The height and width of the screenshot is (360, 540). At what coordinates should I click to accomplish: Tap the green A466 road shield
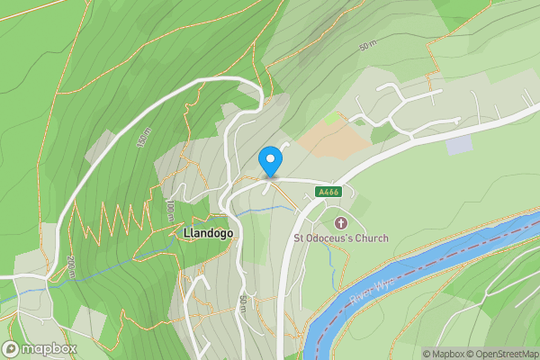click(x=328, y=192)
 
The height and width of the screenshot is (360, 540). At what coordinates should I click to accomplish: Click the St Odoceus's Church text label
click(x=341, y=238)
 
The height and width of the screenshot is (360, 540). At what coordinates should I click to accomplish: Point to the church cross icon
click(x=341, y=222)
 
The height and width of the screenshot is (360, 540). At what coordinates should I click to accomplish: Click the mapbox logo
click(x=40, y=349)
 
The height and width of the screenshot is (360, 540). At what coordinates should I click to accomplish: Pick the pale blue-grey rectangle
click(x=458, y=144)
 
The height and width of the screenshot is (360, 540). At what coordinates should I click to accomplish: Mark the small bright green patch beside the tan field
click(x=333, y=117)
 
